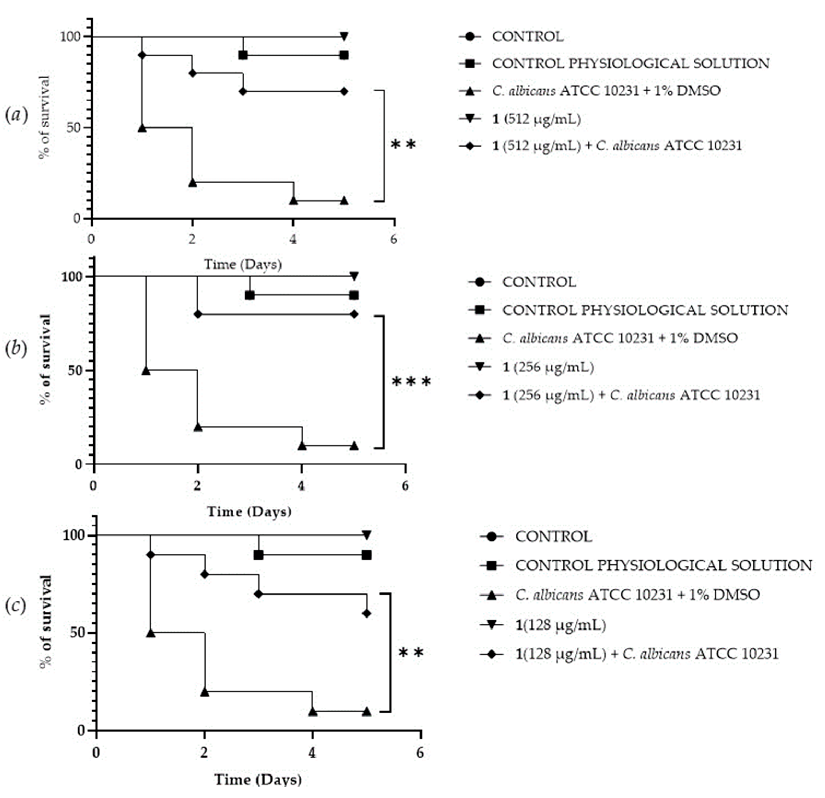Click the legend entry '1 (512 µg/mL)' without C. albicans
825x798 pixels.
(536, 119)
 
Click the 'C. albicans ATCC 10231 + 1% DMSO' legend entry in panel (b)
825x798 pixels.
(619, 338)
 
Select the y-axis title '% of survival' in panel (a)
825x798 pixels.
(44, 117)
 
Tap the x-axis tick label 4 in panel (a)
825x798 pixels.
(293, 239)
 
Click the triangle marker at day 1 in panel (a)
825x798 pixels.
(142, 127)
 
